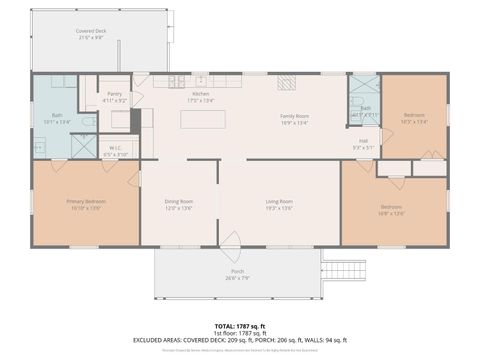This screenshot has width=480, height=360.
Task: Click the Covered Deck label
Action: click(x=93, y=34)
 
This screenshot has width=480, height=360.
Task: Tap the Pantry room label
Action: click(x=115, y=95)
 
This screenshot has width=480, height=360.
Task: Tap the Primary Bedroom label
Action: click(x=86, y=204)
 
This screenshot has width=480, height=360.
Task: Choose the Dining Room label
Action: click(x=179, y=204)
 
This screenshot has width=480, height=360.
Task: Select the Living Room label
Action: click(x=279, y=204)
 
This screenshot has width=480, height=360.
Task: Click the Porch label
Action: click(x=237, y=273)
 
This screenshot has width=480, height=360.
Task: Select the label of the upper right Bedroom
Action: click(x=414, y=117)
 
